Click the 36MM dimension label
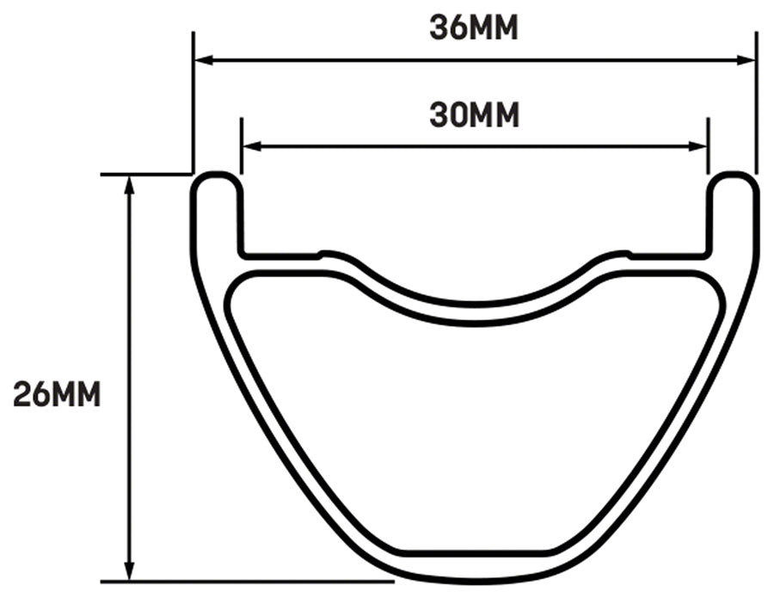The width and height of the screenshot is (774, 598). [474, 28]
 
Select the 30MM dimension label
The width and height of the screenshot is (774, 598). [474, 114]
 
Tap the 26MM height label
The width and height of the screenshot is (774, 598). [57, 395]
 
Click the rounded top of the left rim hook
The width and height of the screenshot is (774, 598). [216, 177]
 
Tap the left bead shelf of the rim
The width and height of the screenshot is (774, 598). [279, 256]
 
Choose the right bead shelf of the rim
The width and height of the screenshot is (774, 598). [669, 256]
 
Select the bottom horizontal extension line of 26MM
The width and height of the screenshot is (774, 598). [258, 583]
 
